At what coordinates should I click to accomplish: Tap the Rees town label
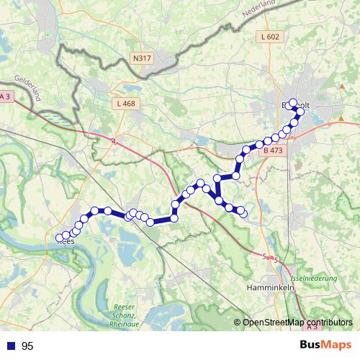[x=66, y=243]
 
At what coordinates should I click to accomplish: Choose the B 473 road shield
[x=272, y=151]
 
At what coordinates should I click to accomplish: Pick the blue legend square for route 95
[x=10, y=346]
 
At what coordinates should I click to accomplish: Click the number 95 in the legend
[x=27, y=346]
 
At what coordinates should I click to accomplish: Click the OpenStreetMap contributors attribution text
[x=297, y=323]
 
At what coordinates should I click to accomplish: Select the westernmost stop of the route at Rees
[x=60, y=238]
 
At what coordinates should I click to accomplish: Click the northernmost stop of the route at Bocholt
[x=292, y=103]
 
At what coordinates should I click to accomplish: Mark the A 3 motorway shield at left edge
[x=6, y=97]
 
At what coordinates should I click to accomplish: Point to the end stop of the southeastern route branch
[x=243, y=212]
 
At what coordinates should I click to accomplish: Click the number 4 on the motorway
[x=113, y=140]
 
